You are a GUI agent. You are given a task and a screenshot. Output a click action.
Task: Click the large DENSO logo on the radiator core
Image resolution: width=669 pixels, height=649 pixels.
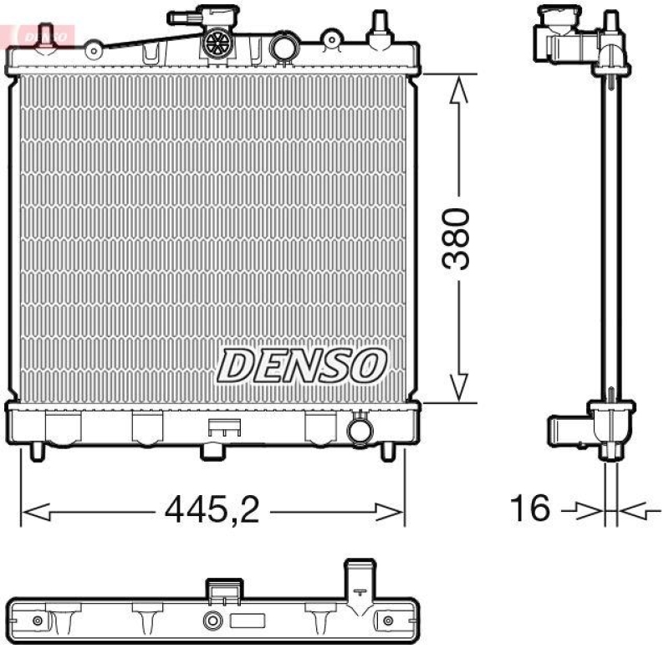point(304,365)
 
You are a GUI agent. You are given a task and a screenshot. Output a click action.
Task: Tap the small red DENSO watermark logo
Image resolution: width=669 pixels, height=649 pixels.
point(39,35)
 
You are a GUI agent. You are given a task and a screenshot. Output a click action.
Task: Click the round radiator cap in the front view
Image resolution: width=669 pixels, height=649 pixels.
point(220,43)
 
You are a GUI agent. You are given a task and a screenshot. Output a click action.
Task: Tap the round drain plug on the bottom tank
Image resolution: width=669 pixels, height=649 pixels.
point(359,431)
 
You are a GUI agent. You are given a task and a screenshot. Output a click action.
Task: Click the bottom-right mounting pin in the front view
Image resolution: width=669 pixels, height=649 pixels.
point(387,451)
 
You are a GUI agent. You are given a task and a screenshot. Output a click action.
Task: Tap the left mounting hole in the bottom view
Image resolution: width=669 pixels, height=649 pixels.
point(37,621)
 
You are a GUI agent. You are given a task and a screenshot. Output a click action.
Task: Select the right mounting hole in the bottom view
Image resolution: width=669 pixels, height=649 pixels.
point(387,621)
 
